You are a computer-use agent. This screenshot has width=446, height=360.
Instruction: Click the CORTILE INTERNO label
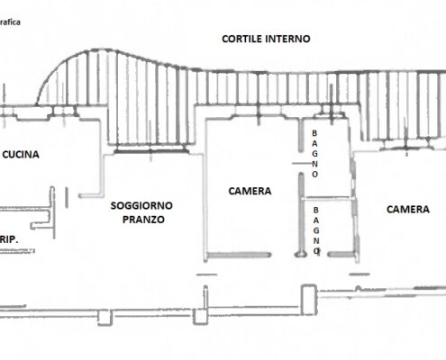point(266,39)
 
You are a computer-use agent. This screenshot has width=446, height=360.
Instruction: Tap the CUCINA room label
point(21,155)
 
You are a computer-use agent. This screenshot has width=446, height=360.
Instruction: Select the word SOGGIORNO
point(141,206)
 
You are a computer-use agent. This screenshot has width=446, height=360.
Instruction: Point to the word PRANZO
point(143,220)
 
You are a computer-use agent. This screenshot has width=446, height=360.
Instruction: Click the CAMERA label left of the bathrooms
point(250,191)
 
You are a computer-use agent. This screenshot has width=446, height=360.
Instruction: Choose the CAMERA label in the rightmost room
point(408,210)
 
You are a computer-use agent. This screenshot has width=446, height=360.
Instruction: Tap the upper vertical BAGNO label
point(314,154)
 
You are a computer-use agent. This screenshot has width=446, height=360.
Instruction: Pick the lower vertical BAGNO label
point(316,230)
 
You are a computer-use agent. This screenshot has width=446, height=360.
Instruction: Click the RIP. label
point(9,239)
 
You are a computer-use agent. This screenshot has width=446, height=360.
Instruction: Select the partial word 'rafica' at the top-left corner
point(10,22)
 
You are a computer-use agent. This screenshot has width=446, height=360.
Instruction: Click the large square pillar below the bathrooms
point(309,300)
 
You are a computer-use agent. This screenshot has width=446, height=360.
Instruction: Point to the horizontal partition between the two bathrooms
point(326,198)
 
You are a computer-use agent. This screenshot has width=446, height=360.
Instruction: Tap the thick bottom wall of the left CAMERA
point(240,255)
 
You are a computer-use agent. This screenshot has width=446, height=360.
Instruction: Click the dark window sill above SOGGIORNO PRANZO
point(150,151)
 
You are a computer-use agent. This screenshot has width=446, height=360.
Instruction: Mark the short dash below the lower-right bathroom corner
point(360,274)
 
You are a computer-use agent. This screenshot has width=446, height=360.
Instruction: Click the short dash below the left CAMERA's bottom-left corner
point(206,274)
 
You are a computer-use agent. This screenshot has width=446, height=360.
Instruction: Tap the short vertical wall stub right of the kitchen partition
point(67,197)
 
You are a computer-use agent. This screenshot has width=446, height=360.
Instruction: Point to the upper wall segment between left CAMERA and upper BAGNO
point(301,136)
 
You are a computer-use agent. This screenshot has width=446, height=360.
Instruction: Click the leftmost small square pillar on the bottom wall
point(105,318)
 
